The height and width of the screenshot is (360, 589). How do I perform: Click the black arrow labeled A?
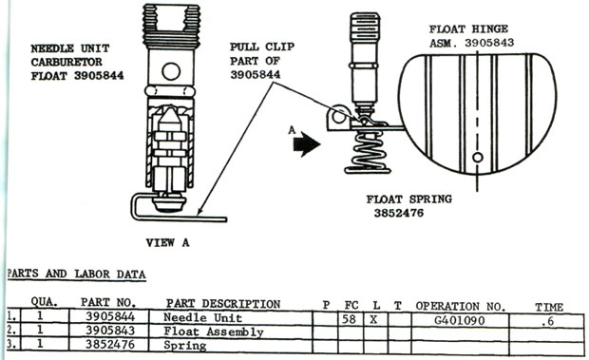[306, 143]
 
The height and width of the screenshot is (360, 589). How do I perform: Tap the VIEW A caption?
[167, 243]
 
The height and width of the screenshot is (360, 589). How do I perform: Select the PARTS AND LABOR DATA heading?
[76, 274]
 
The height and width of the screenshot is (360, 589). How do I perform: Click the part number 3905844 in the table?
[110, 317]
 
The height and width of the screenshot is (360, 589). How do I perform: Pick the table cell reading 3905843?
[110, 331]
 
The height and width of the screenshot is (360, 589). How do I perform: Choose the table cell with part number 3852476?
[110, 345]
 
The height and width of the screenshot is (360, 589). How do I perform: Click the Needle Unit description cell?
[202, 318]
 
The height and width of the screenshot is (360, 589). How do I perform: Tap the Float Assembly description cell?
[214, 332]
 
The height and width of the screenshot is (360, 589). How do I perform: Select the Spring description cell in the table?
[185, 346]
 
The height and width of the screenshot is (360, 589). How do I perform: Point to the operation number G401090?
[460, 321]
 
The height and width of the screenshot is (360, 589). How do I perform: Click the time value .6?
[549, 321]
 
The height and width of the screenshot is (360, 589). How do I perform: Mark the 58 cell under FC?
[349, 319]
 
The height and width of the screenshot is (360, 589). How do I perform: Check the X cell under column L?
[373, 320]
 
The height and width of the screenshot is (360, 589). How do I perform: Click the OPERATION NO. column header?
[460, 306]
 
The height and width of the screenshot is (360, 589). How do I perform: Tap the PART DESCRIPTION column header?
[223, 303]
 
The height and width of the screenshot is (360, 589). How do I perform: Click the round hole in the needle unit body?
[171, 71]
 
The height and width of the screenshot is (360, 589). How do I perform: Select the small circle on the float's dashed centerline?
[478, 157]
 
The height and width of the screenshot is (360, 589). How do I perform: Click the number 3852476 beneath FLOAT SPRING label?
[399, 213]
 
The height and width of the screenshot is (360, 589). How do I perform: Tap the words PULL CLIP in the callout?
[262, 47]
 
